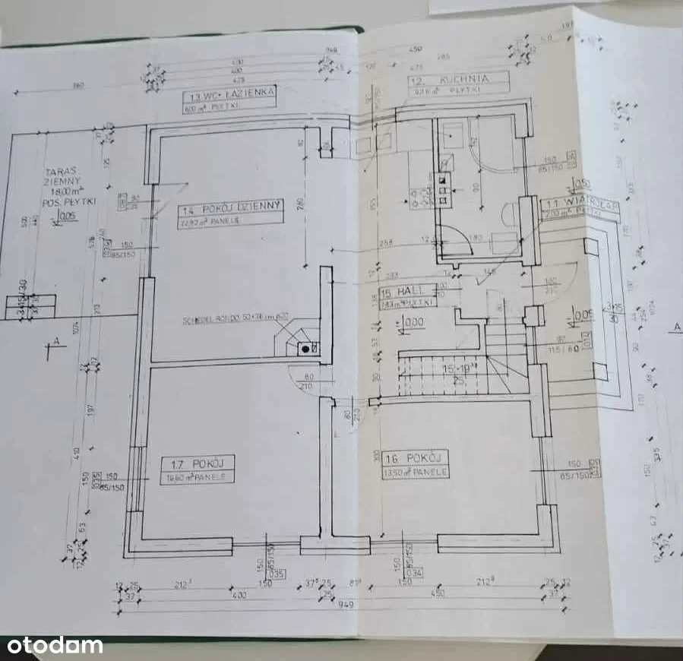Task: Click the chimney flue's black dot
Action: click(305, 348)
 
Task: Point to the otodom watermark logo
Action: click(52, 646)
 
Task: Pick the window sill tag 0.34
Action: click(416, 572)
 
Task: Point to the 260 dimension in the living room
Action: click(301, 203)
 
